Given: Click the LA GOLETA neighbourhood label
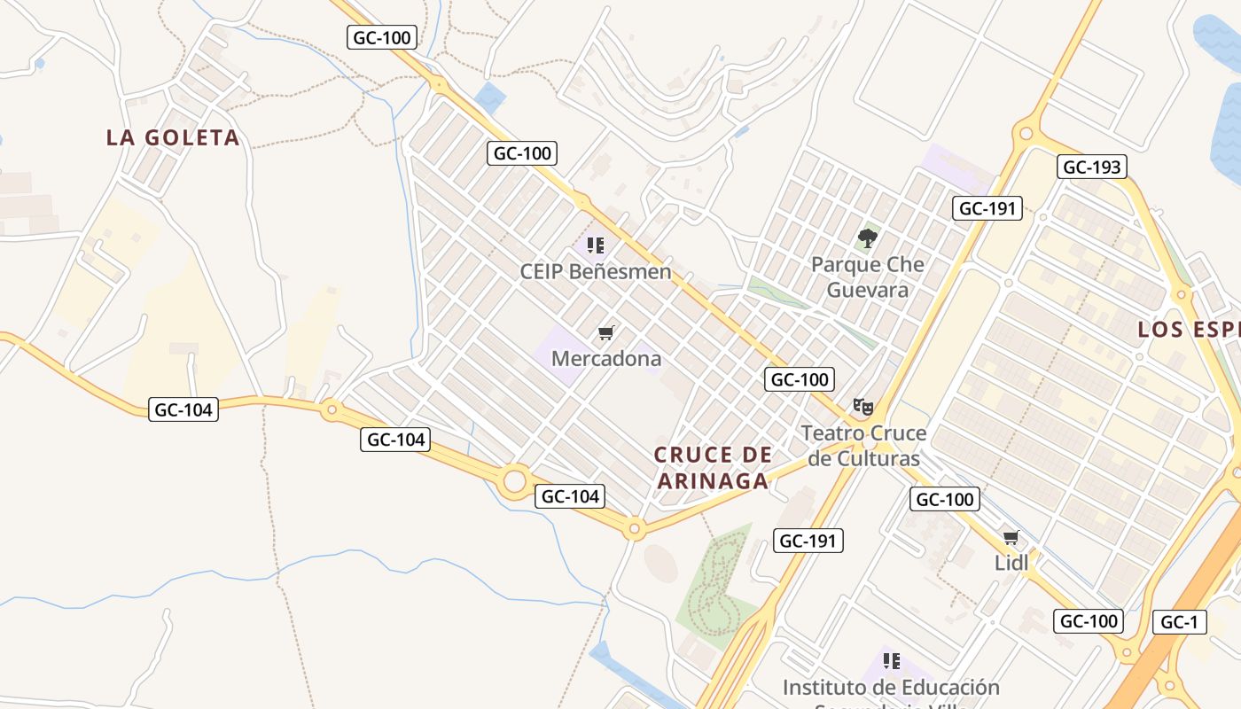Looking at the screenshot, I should click(173, 137).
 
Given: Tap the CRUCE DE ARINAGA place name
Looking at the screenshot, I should click(713, 468).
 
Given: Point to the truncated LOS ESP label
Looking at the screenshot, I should click(1189, 330).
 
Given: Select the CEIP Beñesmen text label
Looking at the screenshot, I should click(596, 271).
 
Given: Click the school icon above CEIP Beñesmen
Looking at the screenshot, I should click(596, 245).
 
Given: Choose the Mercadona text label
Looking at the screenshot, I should click(606, 358).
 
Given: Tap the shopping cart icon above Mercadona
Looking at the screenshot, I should click(606, 333).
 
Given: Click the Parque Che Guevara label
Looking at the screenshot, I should click(868, 277).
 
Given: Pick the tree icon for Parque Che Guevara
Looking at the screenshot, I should click(868, 238).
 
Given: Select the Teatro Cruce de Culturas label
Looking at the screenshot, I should click(864, 446).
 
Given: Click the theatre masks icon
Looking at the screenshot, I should click(863, 407).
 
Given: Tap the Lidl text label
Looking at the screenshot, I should click(1011, 563).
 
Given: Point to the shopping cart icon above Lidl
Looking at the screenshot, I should click(1011, 537).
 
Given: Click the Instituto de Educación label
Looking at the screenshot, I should click(891, 688).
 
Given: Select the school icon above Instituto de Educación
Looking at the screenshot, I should click(892, 661).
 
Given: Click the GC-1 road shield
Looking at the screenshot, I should click(1180, 622).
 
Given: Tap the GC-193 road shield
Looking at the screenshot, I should click(1092, 167).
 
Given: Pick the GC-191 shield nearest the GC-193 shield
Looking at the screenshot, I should click(988, 208).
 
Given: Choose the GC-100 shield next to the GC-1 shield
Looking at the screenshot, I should click(1089, 621).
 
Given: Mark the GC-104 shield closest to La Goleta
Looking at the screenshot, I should click(183, 409).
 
